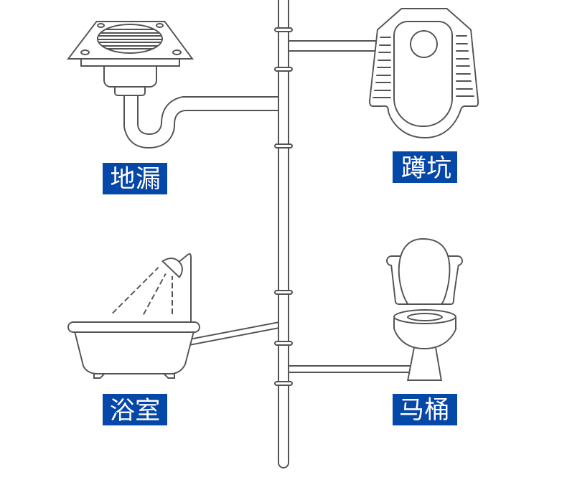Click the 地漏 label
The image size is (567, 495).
click(x=135, y=179)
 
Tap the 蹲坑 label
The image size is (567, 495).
click(x=425, y=167)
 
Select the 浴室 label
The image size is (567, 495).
click(x=135, y=410)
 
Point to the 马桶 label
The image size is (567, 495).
click(x=425, y=410)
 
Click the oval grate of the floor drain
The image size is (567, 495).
click(x=130, y=39)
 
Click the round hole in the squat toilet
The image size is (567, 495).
click(x=423, y=44)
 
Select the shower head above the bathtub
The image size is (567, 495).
click(x=174, y=266)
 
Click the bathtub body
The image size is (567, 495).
click(x=133, y=352)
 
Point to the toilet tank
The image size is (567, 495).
click(x=424, y=273)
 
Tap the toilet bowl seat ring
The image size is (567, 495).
click(x=425, y=316)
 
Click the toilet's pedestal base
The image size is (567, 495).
click(x=424, y=365)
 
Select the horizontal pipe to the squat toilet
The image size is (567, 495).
click(x=332, y=46)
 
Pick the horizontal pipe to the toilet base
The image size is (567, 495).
click(x=348, y=369)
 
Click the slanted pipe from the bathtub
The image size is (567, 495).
click(x=235, y=333)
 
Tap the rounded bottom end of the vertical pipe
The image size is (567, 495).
click(x=283, y=463)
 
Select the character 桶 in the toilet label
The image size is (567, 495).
click(x=438, y=410)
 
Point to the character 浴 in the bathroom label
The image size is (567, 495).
click(x=122, y=410)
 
